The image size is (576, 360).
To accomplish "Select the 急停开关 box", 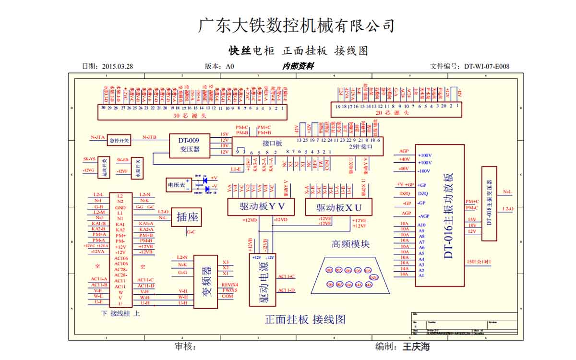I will (119, 140).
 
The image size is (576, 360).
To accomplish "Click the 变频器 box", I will (207, 282).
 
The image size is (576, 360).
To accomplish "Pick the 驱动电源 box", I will (263, 280).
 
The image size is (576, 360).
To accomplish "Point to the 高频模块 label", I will (350, 244).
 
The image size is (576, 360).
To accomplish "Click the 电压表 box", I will (176, 184).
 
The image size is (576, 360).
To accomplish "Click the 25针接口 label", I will (360, 146).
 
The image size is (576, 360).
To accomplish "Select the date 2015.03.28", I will (117, 66).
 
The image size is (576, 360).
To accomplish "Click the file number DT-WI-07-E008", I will (486, 66).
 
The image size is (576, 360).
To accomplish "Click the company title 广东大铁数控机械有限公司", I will (296, 25).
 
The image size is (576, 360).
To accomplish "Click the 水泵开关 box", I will (137, 168).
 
